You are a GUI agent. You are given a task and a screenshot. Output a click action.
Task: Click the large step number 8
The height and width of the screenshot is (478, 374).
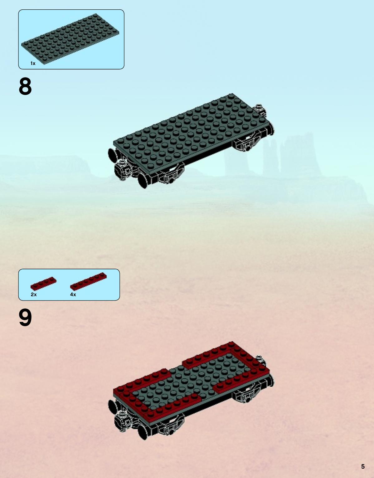point(25,87)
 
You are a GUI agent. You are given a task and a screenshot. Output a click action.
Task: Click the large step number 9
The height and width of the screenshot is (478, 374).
point(25,317)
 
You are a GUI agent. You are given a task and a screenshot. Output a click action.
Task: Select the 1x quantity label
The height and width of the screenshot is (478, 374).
point(33,63)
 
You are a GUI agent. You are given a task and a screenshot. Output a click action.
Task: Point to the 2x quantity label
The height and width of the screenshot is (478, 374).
point(34,295)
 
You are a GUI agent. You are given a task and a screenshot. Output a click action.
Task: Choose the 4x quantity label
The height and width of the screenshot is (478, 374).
point(73,295)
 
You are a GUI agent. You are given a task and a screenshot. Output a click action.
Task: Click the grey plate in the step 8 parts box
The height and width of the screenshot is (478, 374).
point(70,39)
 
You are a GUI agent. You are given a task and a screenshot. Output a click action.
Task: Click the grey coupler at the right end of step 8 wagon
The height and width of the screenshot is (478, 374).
point(260,110)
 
